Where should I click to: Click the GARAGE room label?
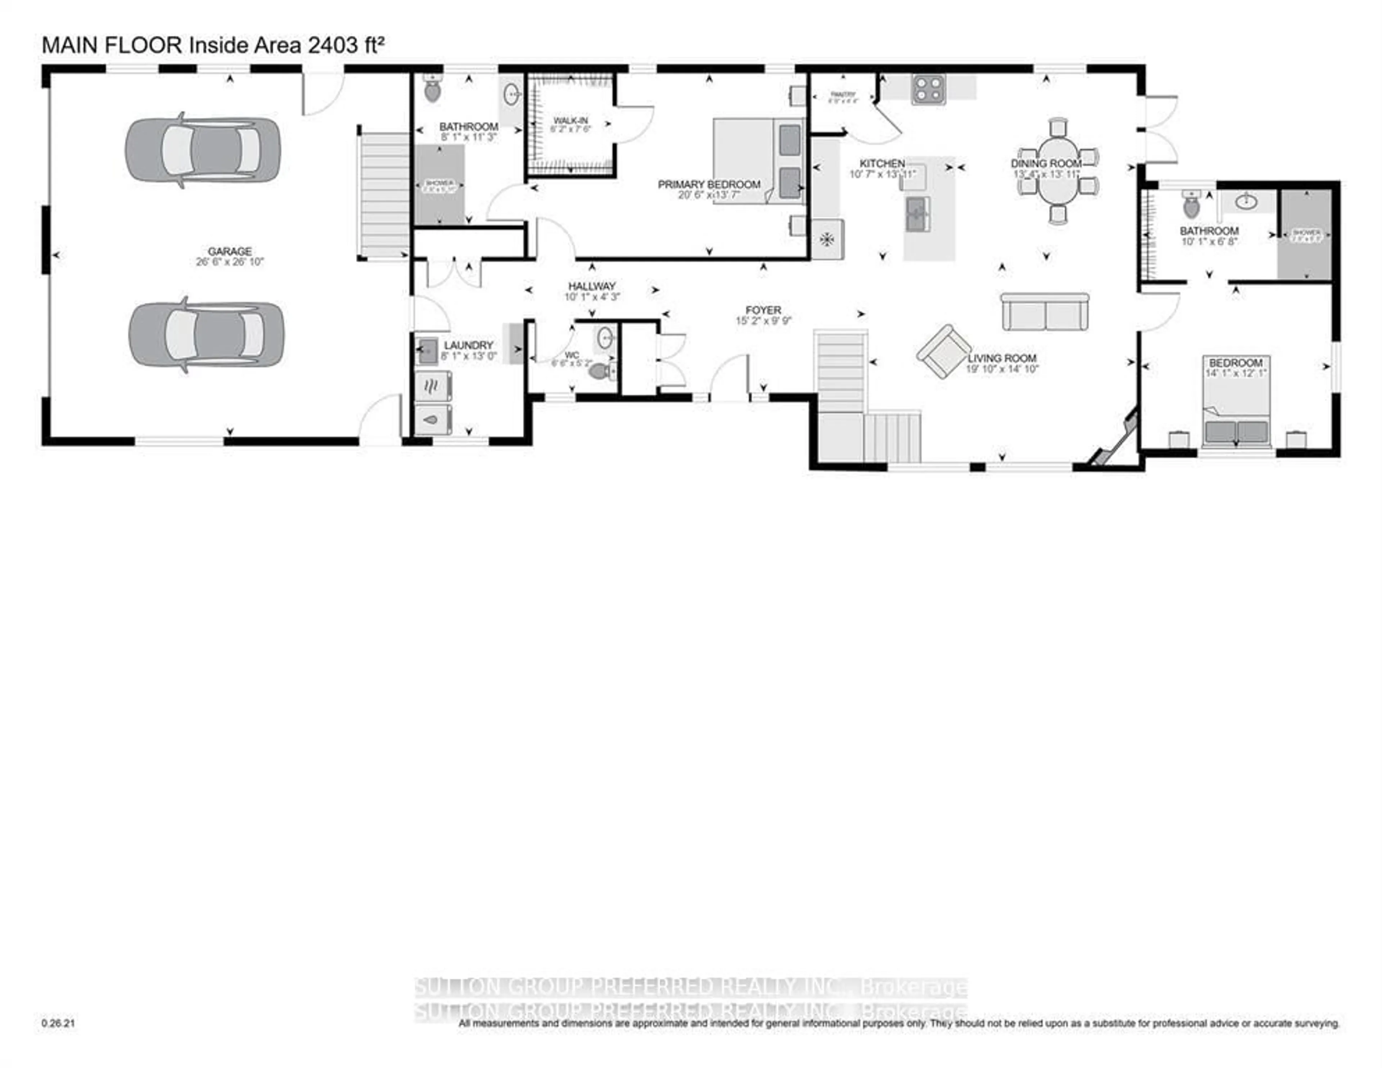coord(230,251)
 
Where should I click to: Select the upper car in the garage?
coord(203,151)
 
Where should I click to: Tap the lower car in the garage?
coord(206,334)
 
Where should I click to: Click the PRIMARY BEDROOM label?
coord(709,184)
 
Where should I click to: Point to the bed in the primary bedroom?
coord(758,161)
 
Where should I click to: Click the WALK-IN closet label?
coord(570,120)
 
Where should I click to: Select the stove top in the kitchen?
coord(928,89)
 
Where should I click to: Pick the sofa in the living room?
coord(1045,312)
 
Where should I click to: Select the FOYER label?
coord(763,310)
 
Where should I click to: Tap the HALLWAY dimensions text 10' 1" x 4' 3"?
coord(592,297)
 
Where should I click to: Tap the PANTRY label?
coord(843,94)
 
